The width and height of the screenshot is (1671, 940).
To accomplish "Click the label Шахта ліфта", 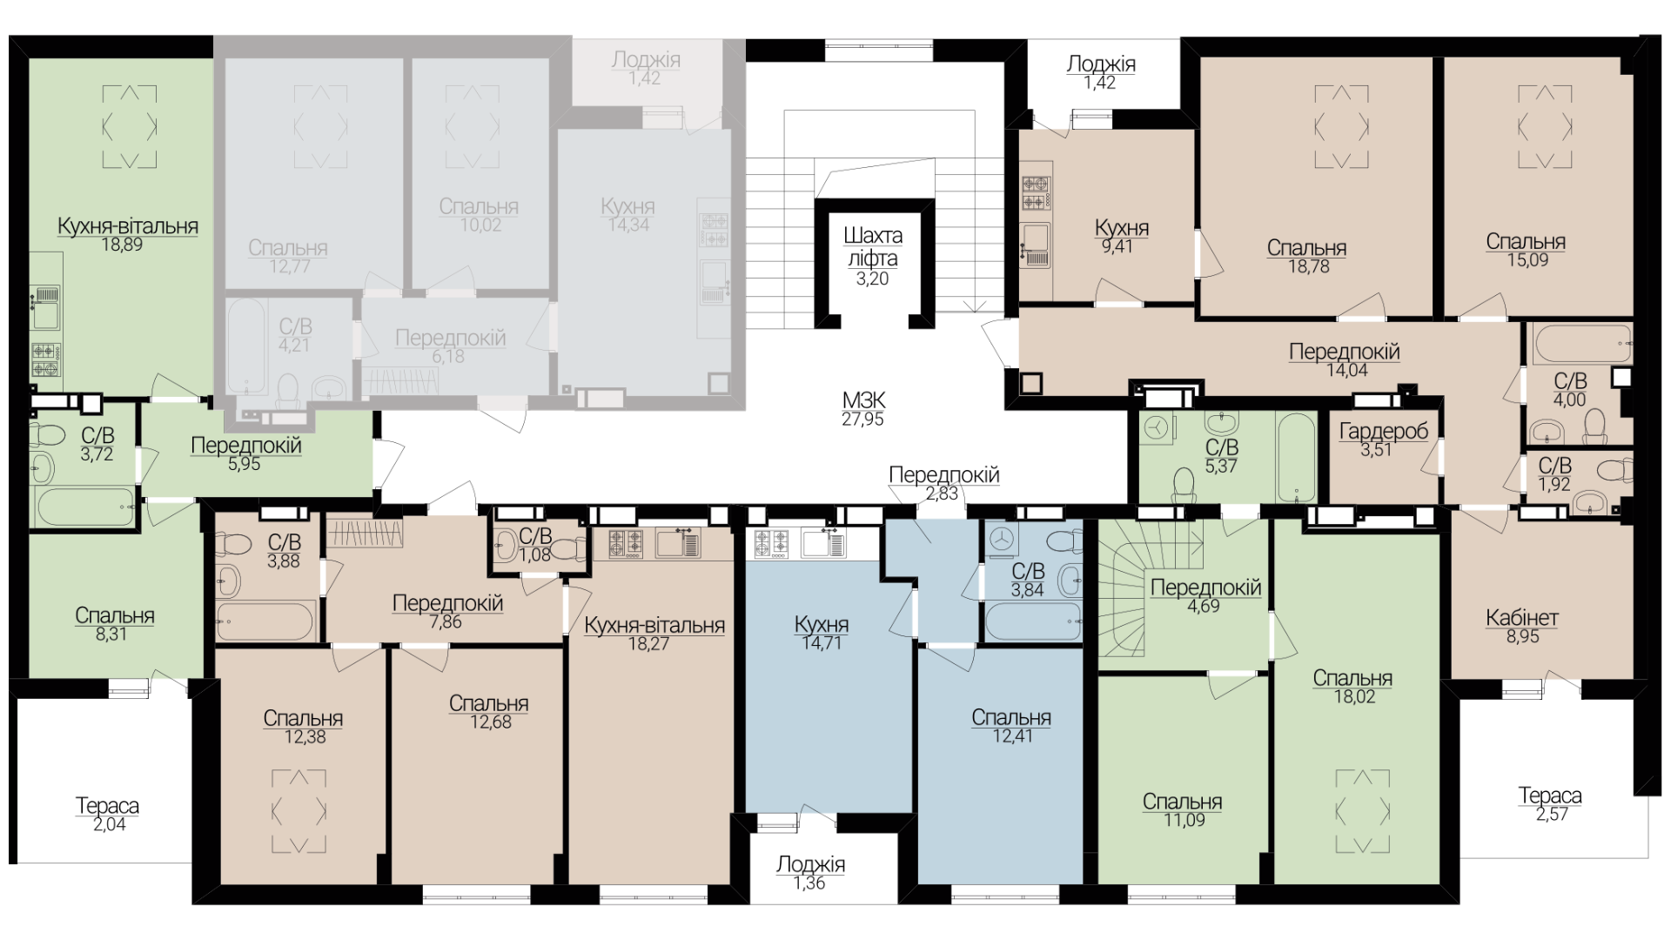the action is coord(873,247).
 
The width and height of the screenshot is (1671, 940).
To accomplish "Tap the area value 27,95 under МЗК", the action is coord(863,420).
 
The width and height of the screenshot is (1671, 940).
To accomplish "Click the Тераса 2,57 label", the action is coord(1550,804).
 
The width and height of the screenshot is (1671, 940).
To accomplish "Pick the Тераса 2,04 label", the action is coord(108,815).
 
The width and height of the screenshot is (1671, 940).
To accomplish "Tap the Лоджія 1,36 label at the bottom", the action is coord(810,873).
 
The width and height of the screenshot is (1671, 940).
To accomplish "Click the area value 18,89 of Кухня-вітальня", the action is coord(122,245).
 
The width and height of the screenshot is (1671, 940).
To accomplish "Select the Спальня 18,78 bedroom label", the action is coord(1307,258).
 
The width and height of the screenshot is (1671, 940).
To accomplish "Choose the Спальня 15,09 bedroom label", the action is coord(1526,251).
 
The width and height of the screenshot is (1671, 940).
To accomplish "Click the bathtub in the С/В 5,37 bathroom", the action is coord(1295,458).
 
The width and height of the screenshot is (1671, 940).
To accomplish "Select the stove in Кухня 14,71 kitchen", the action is coord(770,543).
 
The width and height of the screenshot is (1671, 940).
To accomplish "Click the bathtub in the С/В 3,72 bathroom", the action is coord(84,507).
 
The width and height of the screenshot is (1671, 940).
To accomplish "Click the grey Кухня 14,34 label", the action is coord(627,216).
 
